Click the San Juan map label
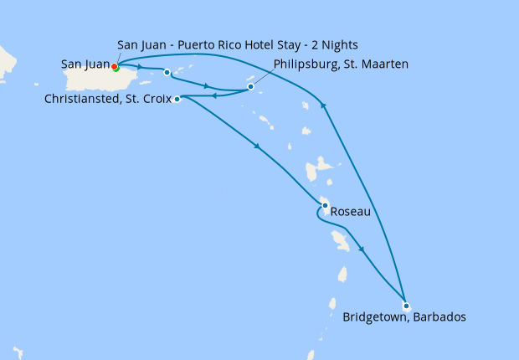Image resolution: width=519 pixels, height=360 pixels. tap(85, 64)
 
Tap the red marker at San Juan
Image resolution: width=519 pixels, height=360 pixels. tap(114, 66)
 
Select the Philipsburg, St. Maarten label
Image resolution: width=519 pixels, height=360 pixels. tap(341, 64)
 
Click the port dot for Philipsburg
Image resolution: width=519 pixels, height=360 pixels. tap(250, 86)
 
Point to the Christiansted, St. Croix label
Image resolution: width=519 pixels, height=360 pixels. tap(106, 99)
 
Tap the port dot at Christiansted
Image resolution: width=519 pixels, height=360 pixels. tap(177, 99)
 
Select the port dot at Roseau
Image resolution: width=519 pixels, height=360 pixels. tap(325, 205)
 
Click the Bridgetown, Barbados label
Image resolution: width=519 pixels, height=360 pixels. tap(404, 318)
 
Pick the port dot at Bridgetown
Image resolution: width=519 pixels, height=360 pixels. tap(406, 306)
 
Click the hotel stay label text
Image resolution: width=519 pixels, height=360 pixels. tap(239, 44)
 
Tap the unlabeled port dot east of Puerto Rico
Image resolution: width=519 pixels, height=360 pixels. tap(167, 72)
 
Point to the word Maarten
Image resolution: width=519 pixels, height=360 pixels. tap(383, 64)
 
